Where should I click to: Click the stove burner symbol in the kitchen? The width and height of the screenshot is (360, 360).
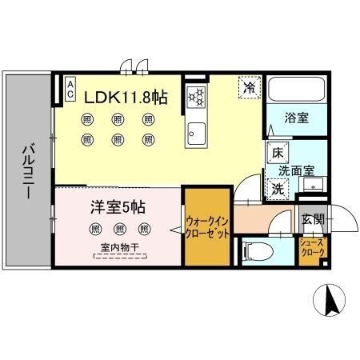coord(196,97)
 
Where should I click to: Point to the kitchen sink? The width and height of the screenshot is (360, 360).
coord(196,131)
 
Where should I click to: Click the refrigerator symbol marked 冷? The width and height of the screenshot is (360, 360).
coord(249,86)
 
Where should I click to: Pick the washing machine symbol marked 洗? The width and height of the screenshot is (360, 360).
coord(277,190)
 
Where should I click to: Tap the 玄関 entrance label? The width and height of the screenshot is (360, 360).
coord(312,218)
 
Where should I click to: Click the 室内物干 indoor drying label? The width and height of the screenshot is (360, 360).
coord(117,249)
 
